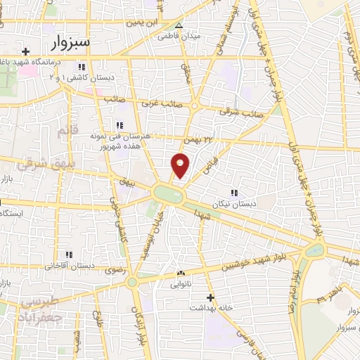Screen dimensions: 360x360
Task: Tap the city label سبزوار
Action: click(70, 42)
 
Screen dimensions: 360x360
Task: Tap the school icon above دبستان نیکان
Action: click(234, 191)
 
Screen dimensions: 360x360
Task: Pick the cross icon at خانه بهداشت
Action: click(210, 297)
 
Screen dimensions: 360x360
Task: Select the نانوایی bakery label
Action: click(181, 285)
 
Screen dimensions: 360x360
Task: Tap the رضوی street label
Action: click(114, 269)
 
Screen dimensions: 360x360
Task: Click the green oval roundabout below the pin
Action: click(169, 192)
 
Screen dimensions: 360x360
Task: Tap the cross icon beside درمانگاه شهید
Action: click(26, 51)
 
